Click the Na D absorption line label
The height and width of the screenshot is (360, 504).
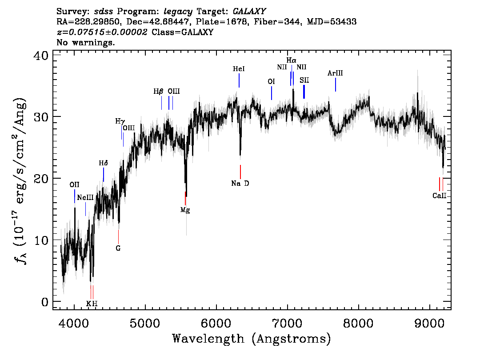pos(240,183)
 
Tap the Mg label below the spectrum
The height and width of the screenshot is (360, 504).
pos(185,210)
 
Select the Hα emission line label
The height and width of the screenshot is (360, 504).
pos(291,60)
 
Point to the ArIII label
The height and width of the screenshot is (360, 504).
pos(335,73)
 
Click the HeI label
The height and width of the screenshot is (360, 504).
pos(239,69)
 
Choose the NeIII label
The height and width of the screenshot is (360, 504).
pos(85,197)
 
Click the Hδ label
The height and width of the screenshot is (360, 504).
pos(103,163)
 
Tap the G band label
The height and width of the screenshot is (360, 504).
pos(118,248)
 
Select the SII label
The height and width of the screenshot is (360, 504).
pos(304,80)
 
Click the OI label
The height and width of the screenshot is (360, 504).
pos(271,82)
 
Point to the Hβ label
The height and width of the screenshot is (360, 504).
pos(158,92)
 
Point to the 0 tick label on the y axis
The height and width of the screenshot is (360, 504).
pos(45,302)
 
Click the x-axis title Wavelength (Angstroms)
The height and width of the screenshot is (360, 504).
pos(252,339)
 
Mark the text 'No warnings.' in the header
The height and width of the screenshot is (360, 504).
pos(86,43)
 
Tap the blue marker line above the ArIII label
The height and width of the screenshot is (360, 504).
pos(336,85)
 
